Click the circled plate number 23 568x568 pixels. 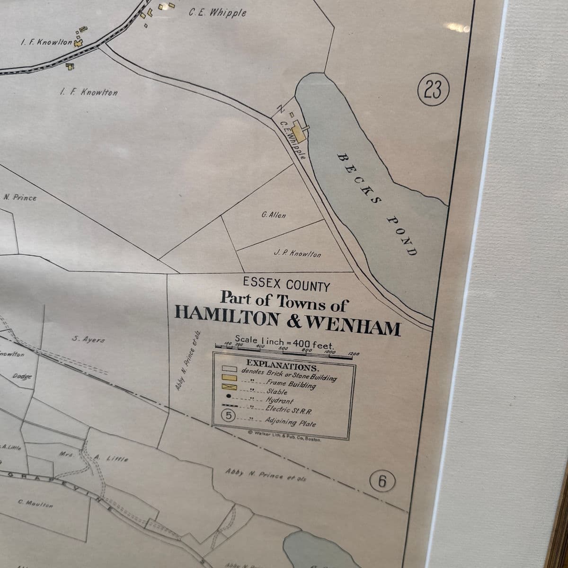pos(433,89)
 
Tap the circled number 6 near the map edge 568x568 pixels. pos(382,481)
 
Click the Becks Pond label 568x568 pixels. pos(377,204)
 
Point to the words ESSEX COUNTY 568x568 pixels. pos(286,285)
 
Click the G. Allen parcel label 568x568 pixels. pos(274,215)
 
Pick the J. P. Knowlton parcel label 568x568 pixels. pos(297,254)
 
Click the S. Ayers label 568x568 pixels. pos(89,339)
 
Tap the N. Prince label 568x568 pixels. pos(20,197)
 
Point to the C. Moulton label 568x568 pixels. pos(36,503)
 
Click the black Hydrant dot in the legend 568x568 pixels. pos(228,396)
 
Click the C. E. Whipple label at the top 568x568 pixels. pos(217,12)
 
